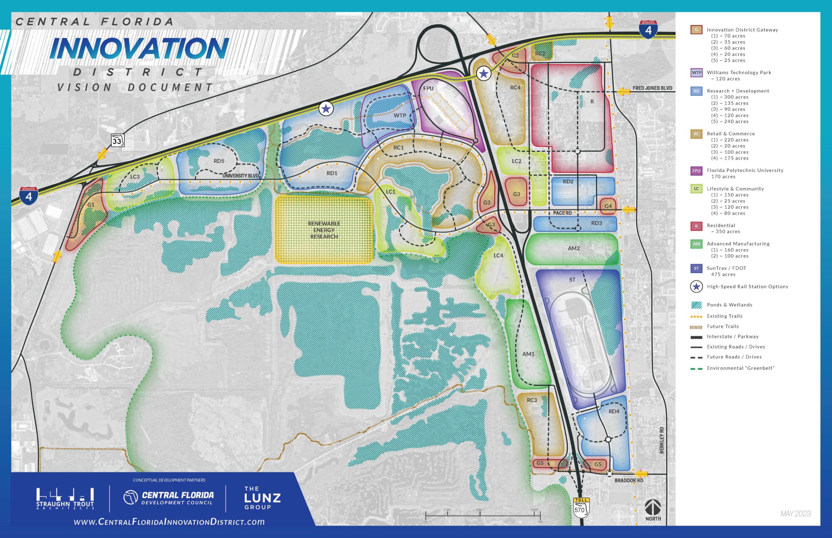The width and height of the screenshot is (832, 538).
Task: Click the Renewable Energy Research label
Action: pyautogui.click(x=324, y=230)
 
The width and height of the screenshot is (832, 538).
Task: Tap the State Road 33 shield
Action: pyautogui.click(x=117, y=141)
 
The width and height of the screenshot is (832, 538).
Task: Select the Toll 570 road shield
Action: pyautogui.click(x=581, y=508)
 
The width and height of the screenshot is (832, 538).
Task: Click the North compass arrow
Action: pyautogui.click(x=653, y=508)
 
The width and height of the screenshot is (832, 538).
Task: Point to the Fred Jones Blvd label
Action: pyautogui.click(x=652, y=88)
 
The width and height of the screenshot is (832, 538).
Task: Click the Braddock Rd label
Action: pyautogui.click(x=629, y=480)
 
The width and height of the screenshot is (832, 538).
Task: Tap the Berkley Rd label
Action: pyautogui.click(x=661, y=440)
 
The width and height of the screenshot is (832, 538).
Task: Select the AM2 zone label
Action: pyautogui.click(x=574, y=248)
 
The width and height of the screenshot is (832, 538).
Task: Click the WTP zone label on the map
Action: pyautogui.click(x=400, y=116)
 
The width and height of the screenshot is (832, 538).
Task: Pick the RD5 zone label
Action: pyautogui.click(x=219, y=161)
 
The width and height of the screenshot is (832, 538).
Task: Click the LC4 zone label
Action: pyautogui.click(x=498, y=255)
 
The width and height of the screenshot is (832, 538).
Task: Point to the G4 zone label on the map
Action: pyautogui.click(x=608, y=206)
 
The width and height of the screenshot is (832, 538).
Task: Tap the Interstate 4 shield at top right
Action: pyautogui.click(x=648, y=30)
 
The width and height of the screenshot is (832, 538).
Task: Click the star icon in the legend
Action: pyautogui.click(x=696, y=286)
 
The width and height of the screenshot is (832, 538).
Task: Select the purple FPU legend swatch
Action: pyautogui.click(x=696, y=171)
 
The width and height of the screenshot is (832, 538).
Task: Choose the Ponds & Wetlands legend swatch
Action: pyautogui.click(x=696, y=305)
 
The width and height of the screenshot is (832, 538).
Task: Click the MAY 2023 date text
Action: pyautogui.click(x=795, y=513)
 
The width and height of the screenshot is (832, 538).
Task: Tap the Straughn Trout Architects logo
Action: pyautogui.click(x=65, y=499)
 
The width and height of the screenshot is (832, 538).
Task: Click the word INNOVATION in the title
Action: pyautogui.click(x=139, y=49)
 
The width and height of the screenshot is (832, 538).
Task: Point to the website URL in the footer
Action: pyautogui.click(x=169, y=522)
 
